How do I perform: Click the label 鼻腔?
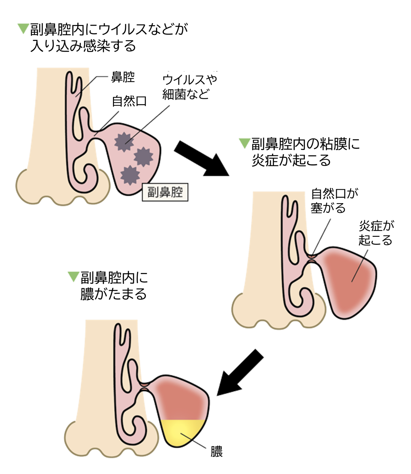coord(123,77)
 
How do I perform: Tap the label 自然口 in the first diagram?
coord(129,101)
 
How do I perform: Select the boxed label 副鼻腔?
coord(165,192)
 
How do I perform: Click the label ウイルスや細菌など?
coord(189,87)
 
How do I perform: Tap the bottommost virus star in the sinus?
coord(130,175)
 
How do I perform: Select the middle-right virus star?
coord(143,157)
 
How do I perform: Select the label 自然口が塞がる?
coord(334,201)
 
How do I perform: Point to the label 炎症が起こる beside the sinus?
coord(376,233)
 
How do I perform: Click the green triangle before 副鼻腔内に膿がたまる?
coord(74,276)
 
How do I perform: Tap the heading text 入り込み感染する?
coord(83,46)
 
